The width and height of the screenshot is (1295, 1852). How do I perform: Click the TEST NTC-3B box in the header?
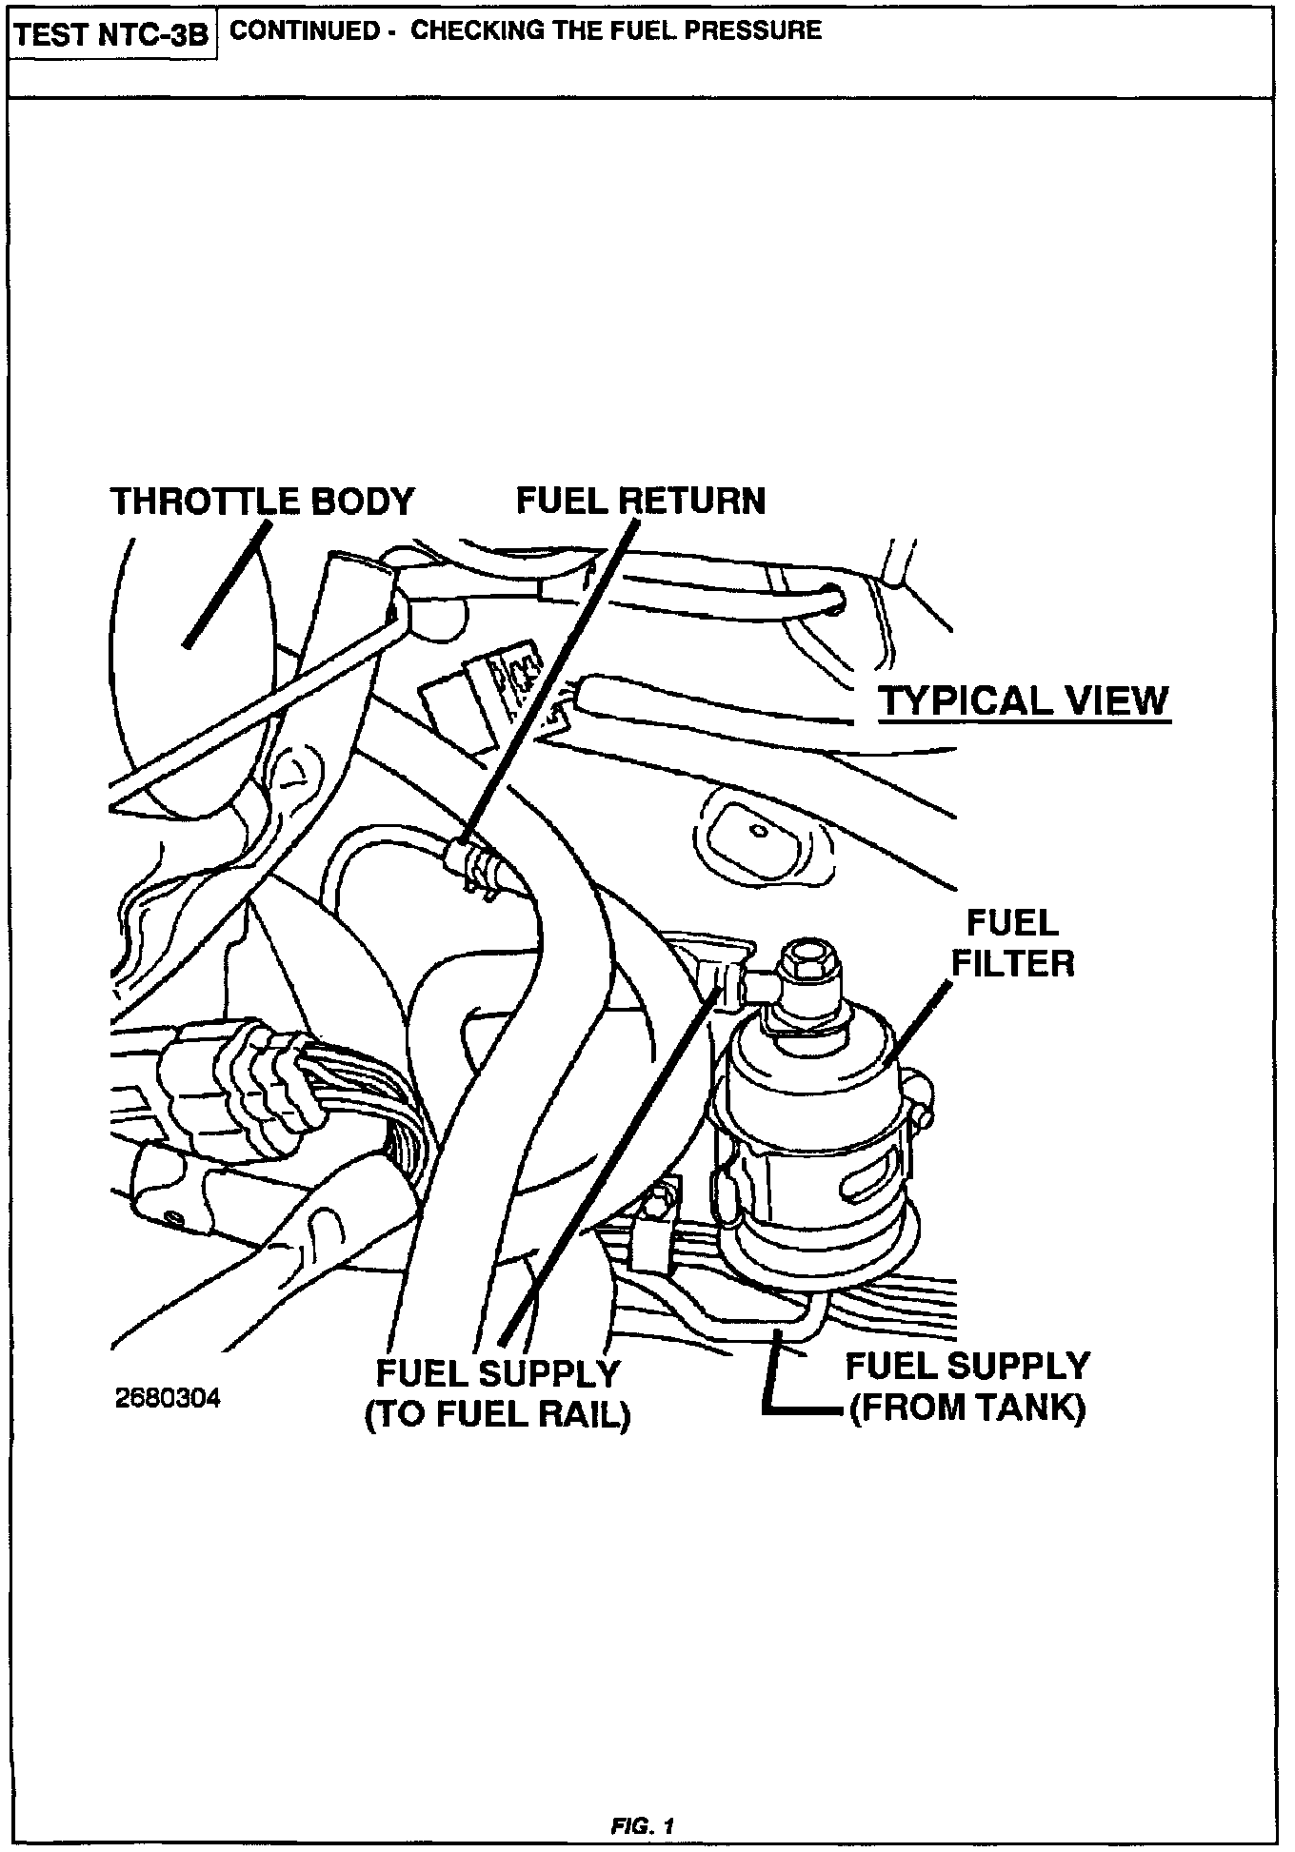tap(112, 35)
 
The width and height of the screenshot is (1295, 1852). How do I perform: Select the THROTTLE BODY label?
tap(263, 502)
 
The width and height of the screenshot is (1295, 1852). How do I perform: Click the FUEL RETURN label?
tap(640, 501)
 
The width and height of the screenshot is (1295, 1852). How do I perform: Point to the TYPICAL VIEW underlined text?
tap(1024, 701)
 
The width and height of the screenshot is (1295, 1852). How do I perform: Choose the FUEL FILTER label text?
tap(1012, 943)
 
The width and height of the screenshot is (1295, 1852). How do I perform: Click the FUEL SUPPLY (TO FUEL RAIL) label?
tap(497, 1394)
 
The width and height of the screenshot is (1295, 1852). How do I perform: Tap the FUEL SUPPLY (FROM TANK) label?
tap(966, 1387)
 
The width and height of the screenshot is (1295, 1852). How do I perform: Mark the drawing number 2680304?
tap(167, 1398)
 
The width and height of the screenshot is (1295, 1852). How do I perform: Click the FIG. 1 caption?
tap(643, 1826)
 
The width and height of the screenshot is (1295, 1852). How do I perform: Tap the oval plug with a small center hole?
tap(759, 830)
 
